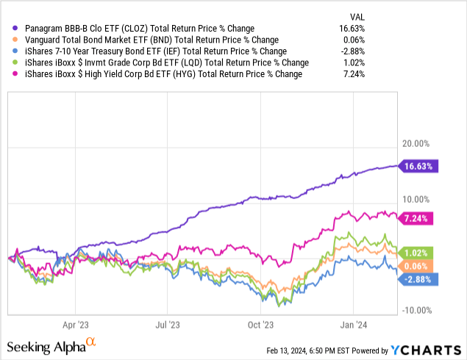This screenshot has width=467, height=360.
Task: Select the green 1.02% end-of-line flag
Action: [x=418, y=252]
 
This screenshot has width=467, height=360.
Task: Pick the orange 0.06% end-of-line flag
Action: [x=418, y=265]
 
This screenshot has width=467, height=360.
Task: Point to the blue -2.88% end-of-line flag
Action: [x=419, y=278]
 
